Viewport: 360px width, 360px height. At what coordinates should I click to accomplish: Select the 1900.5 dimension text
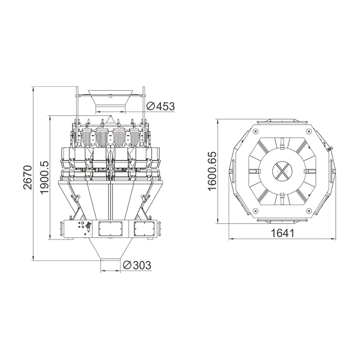pos(44,178)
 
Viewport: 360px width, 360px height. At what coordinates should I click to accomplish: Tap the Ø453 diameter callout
pos(161,106)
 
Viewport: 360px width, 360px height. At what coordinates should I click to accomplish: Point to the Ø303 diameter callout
pos(136,265)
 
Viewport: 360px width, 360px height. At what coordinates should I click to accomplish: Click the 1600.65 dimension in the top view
pos(212,171)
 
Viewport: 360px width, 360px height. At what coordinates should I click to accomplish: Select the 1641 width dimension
pos(282,233)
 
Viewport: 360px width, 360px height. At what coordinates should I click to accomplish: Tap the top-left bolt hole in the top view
pos(255,131)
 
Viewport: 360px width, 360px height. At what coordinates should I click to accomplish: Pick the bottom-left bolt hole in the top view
pos(255,210)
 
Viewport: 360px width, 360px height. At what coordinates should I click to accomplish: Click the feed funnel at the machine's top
pos(111,100)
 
